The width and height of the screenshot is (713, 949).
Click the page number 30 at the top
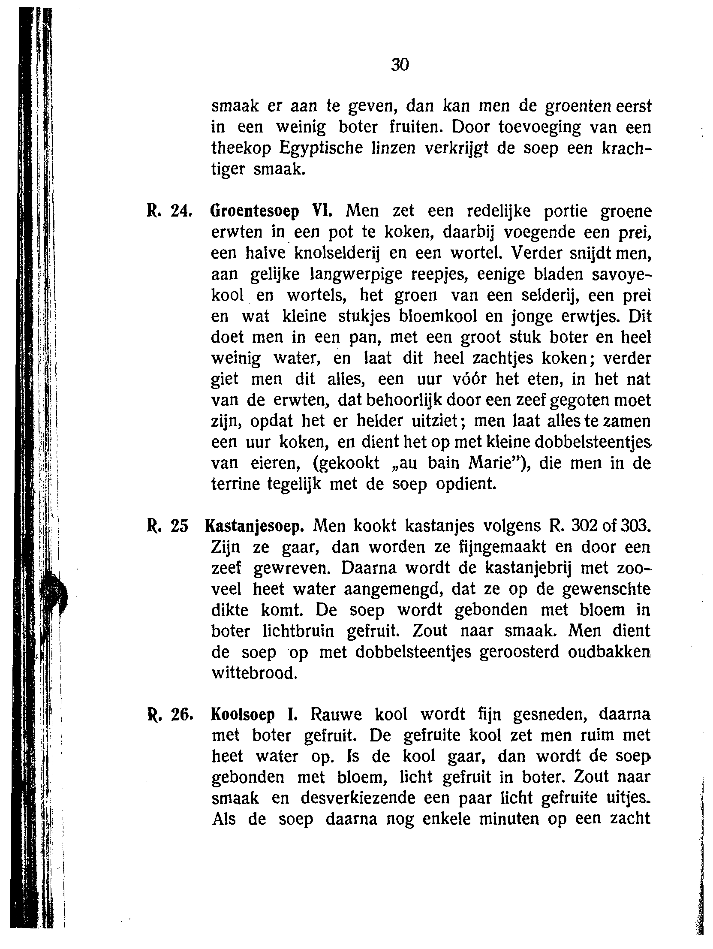tap(400, 65)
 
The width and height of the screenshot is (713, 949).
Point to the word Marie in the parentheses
tap(492, 464)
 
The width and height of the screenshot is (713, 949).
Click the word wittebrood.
tap(254, 674)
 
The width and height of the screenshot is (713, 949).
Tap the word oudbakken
tap(609, 653)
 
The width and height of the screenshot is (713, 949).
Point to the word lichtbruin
tap(298, 632)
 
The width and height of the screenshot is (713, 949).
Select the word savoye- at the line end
tap(621, 274)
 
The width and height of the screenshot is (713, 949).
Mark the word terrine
tap(235, 485)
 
